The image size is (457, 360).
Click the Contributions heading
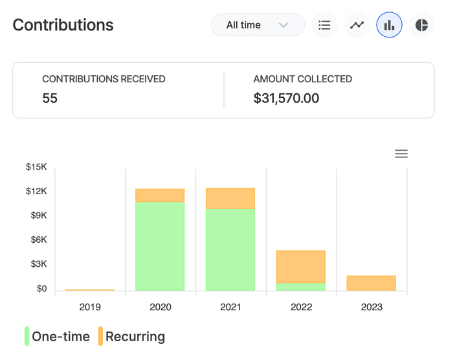tap(63, 25)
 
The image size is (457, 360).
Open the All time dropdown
tap(258, 25)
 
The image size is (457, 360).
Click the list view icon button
tap(324, 25)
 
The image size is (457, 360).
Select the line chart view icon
tap(357, 25)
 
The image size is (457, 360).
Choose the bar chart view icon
tap(389, 25)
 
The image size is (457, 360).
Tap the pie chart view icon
tap(421, 25)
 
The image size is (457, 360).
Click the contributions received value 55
tap(50, 98)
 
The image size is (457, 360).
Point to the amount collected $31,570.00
tap(286, 98)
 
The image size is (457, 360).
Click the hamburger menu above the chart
tap(401, 153)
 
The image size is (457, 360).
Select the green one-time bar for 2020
tap(160, 246)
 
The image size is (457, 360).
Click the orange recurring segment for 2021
tap(230, 198)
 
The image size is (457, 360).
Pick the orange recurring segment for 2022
tap(301, 267)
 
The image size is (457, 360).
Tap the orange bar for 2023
tap(371, 283)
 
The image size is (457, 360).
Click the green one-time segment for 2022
tap(301, 287)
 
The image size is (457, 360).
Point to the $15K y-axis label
tap(36, 167)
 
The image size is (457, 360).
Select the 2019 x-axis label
tap(90, 307)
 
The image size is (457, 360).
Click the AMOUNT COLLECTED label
tap(302, 79)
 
